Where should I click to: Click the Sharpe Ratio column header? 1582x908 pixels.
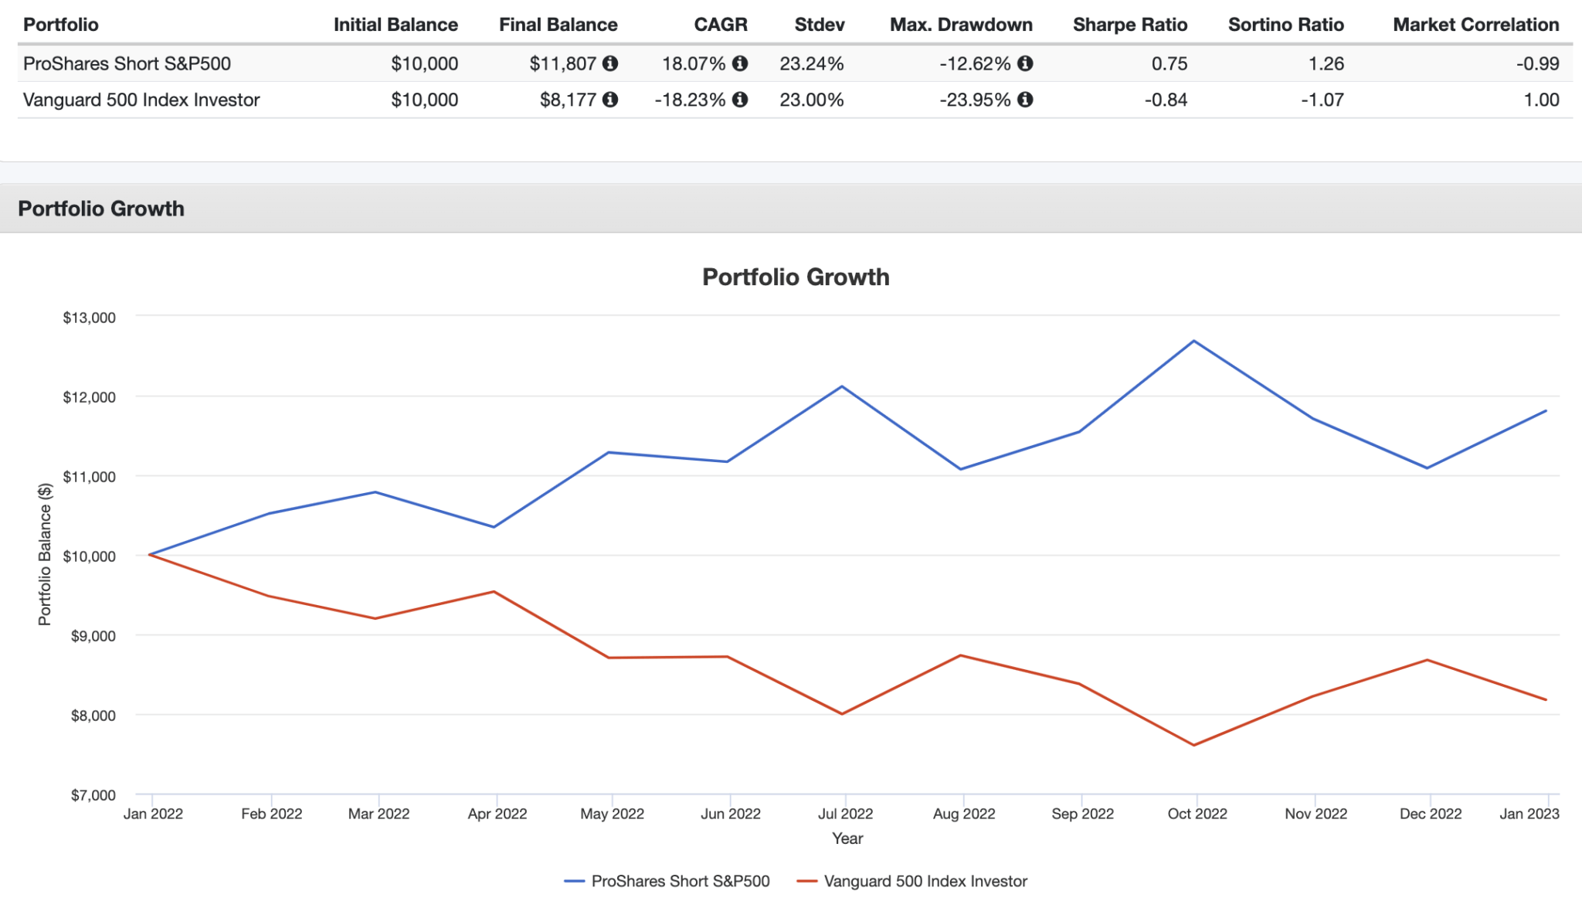point(1129,25)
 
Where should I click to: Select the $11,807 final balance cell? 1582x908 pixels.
point(562,63)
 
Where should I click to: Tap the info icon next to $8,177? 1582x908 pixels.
point(610,100)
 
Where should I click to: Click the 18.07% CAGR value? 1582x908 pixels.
point(693,63)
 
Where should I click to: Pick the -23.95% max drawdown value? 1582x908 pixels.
point(975,100)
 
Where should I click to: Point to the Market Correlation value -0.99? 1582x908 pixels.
point(1537,63)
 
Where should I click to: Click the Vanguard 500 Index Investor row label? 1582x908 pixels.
point(141,100)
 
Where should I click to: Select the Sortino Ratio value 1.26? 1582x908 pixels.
point(1326,63)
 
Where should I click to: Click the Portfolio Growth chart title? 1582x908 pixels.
point(796,277)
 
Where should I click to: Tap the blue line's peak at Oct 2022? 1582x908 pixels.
point(1194,341)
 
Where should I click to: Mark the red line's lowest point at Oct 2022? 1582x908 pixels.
point(1194,745)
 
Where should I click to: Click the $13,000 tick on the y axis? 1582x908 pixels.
point(89,318)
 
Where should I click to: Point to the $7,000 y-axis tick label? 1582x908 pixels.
point(93,795)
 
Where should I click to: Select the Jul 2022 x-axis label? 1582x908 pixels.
point(845,814)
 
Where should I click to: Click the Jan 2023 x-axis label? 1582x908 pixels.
point(1529,814)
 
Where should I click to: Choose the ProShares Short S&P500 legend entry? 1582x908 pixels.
point(680,881)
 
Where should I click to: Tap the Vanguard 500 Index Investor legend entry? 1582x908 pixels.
point(925,881)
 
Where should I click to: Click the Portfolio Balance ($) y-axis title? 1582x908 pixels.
point(45,554)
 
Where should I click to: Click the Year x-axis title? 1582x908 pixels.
point(847,838)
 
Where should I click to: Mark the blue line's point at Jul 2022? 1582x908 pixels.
point(842,386)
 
